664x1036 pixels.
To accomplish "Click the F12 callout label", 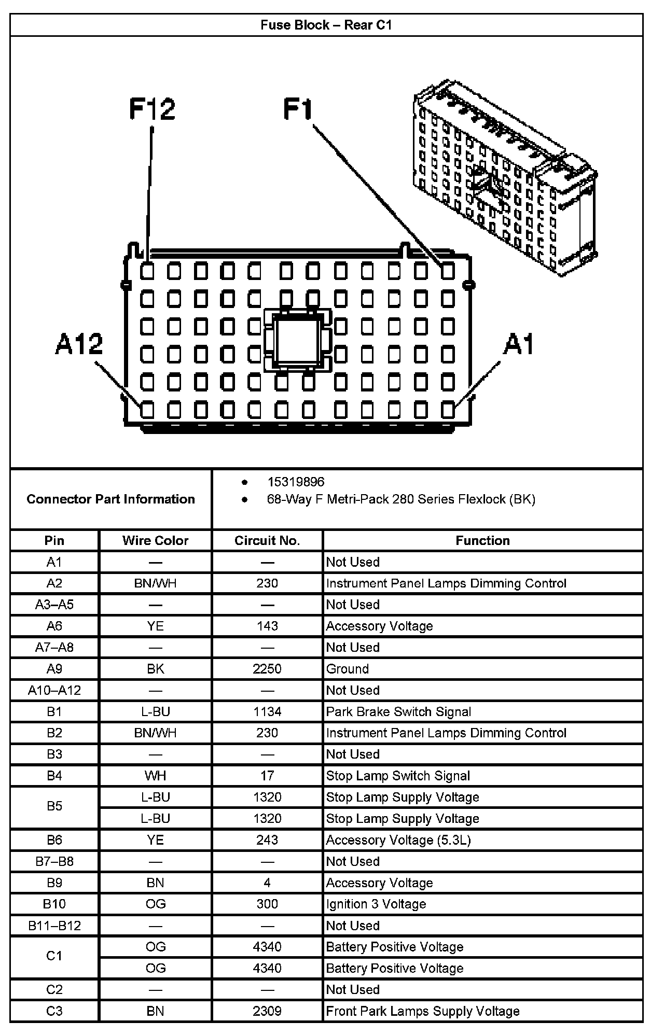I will [x=152, y=109].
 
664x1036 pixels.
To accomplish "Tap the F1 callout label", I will [x=298, y=109].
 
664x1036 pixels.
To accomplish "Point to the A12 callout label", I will [x=79, y=344].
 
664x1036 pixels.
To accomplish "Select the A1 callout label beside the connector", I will [x=518, y=344].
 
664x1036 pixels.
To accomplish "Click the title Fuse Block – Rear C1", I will [x=326, y=25].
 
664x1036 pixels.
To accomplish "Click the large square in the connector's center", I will [x=297, y=340].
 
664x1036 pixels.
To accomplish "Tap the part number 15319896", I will [x=296, y=482].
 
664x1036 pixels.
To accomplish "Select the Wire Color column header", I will [x=155, y=540].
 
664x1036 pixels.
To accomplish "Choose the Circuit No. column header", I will [x=267, y=540].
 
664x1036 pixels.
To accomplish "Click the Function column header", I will [x=482, y=540].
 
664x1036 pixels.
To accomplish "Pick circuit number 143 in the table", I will [x=267, y=626].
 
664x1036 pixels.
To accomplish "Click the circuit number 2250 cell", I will [x=267, y=669].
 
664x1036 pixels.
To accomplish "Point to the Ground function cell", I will [x=348, y=669].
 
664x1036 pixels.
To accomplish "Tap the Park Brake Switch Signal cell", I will [x=398, y=711].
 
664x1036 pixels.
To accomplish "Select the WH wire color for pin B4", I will [x=155, y=776].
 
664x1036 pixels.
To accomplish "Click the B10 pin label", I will [x=54, y=904].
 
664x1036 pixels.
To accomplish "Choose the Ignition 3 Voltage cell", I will [x=376, y=904].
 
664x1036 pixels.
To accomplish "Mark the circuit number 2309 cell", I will [x=267, y=1011].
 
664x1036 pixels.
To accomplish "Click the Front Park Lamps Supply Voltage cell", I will [x=423, y=1011].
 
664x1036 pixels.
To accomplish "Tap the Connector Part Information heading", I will [x=110, y=499].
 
